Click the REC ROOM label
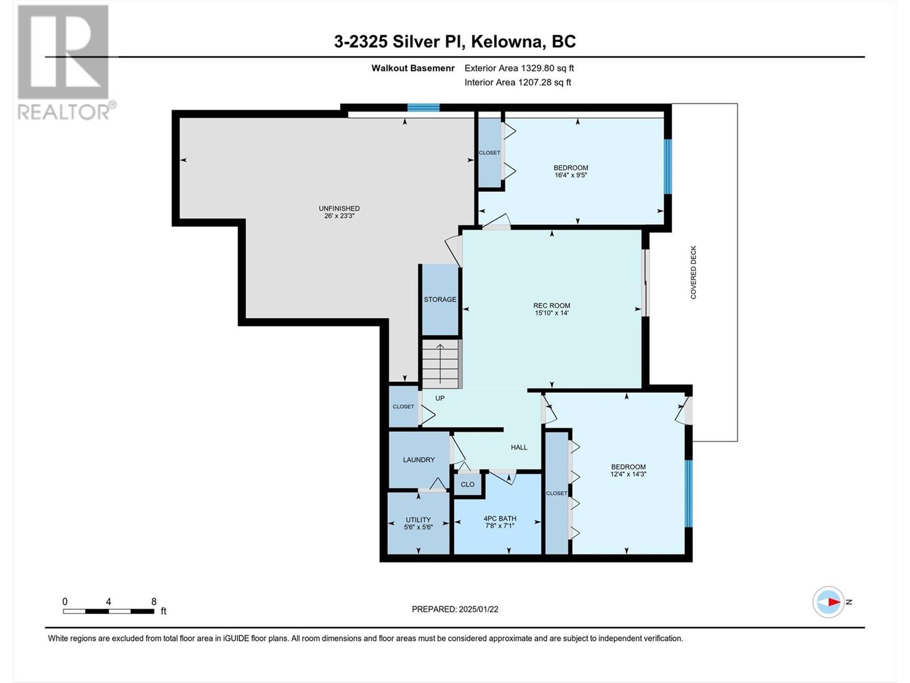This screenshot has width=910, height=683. click(551, 306)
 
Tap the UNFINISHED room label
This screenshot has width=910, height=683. click(339, 208)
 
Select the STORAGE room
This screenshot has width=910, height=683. click(440, 299)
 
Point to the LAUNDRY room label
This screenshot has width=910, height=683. click(419, 460)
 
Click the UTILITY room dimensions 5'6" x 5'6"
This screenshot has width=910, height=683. click(418, 527)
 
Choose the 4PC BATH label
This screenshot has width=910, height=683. click(500, 519)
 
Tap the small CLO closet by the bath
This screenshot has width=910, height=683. click(468, 484)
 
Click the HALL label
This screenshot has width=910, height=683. click(519, 447)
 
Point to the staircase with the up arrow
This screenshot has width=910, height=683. click(440, 364)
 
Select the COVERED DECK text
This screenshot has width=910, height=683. click(693, 273)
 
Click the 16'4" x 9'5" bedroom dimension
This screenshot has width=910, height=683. click(571, 175)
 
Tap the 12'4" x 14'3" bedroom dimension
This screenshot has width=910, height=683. click(628, 474)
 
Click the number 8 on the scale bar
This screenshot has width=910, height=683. click(154, 601)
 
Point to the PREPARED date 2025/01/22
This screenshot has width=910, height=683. click(478, 609)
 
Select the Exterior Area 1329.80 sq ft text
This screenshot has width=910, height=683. click(519, 68)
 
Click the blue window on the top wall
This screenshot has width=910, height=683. click(423, 108)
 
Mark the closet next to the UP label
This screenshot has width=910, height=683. click(403, 406)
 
